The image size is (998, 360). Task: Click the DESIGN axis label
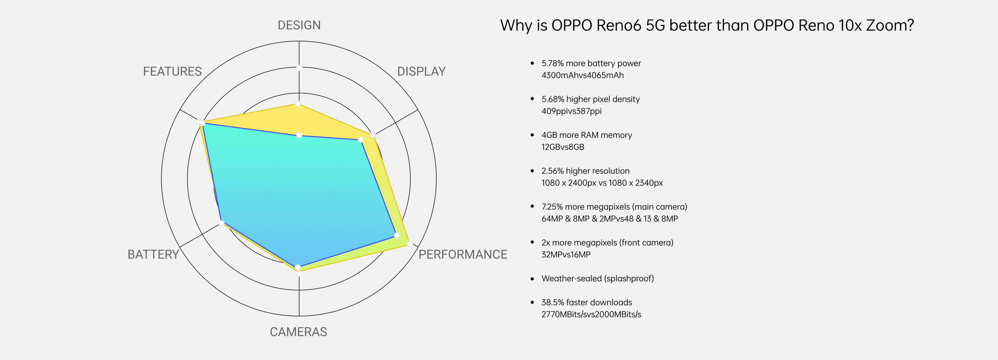coord(299,25)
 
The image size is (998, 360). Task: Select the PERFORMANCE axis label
coord(463,254)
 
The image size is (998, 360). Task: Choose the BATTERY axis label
coord(153,254)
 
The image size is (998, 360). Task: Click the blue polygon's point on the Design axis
coord(299,135)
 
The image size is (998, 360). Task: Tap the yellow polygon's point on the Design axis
coord(298,104)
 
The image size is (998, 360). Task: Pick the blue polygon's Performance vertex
coord(397,235)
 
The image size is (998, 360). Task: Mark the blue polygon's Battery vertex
coord(222,223)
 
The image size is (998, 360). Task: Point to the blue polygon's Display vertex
coord(360,140)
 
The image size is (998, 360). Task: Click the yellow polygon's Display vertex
coord(373,135)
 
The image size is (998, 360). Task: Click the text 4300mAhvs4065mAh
coord(582,75)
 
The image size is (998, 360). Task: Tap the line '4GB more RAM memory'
coord(587,135)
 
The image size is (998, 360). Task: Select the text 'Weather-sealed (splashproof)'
coord(598,278)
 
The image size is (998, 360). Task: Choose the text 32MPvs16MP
coord(566,254)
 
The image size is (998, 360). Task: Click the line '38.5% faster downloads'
coord(587,302)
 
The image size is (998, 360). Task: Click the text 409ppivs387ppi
coord(572,111)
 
